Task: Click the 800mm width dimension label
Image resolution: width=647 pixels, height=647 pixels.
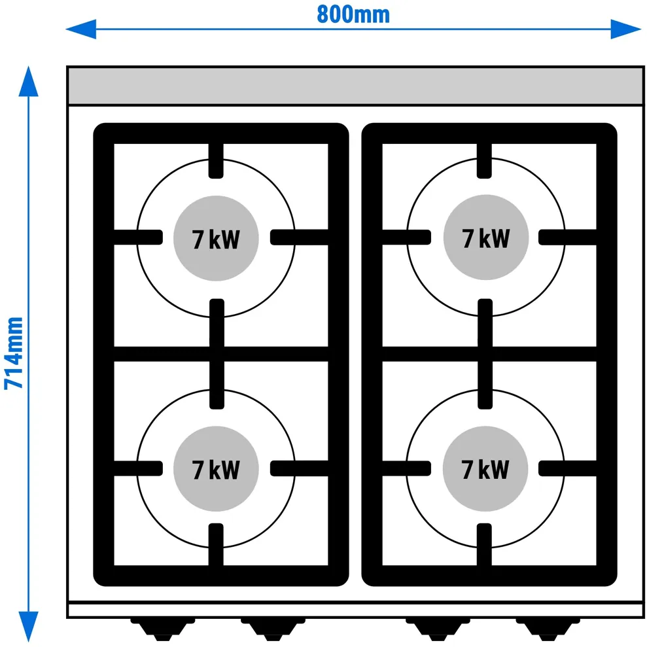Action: tap(353, 14)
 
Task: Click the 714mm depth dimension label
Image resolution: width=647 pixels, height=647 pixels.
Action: tap(14, 353)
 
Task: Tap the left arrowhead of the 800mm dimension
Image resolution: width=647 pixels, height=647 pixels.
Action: tap(81, 29)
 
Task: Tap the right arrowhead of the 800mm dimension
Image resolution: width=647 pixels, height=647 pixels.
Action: tap(625, 29)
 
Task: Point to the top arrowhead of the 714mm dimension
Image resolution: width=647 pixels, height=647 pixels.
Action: tap(29, 81)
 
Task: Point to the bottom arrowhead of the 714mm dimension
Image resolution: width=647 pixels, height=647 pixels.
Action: tap(29, 626)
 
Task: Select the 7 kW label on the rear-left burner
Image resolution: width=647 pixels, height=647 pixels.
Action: tap(216, 239)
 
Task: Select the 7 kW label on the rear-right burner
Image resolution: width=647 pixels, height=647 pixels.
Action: tap(485, 239)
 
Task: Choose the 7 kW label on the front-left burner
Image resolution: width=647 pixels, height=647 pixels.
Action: tap(216, 470)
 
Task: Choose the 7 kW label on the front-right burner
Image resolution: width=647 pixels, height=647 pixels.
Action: tap(485, 470)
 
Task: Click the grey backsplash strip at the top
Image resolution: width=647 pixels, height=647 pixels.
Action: tap(355, 86)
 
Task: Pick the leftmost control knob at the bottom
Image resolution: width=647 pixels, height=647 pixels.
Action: tap(163, 629)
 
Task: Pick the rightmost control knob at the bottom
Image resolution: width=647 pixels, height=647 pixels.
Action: tap(548, 629)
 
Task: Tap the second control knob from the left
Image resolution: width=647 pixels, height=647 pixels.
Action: tap(273, 629)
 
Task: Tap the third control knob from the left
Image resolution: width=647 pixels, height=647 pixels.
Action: tap(438, 629)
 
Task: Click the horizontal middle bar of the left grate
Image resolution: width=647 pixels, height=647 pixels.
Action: tap(221, 354)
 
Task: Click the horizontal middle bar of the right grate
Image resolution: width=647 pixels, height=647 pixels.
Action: tap(489, 354)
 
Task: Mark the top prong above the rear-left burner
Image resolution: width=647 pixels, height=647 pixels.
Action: tap(216, 161)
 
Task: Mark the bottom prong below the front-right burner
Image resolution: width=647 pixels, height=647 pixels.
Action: tap(484, 545)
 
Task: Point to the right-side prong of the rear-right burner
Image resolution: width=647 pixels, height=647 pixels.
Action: tap(567, 237)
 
